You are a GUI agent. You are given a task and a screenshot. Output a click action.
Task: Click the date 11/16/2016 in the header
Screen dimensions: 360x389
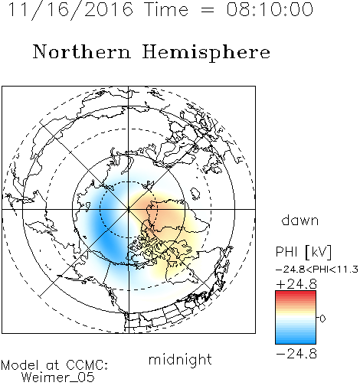(x=70, y=10)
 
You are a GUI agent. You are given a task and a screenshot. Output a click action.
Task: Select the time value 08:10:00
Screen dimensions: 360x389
(x=270, y=9)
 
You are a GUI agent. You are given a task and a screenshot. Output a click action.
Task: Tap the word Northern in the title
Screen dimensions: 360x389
(x=82, y=51)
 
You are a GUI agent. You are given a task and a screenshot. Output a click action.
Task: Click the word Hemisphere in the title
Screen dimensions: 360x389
(x=206, y=53)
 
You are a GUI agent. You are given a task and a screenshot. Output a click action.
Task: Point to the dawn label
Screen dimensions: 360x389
(x=300, y=220)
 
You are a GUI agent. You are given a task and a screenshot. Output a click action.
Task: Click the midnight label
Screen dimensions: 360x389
(x=180, y=359)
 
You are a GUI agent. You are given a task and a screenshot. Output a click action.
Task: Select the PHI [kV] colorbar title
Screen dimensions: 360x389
(x=303, y=252)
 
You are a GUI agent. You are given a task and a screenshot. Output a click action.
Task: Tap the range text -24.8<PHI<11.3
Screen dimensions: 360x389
(x=317, y=270)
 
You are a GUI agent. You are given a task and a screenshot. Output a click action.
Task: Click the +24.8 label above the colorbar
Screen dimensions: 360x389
(x=296, y=284)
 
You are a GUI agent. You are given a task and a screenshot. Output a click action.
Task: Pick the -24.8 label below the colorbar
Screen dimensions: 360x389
(x=296, y=354)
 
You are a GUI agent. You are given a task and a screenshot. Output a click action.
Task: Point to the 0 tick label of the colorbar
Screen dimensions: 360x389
(x=322, y=319)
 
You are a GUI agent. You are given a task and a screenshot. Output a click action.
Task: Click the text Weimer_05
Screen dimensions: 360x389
(x=58, y=377)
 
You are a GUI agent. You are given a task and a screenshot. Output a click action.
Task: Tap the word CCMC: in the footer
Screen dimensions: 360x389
(x=87, y=365)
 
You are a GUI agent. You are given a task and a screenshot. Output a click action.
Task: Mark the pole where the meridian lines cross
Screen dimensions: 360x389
(x=129, y=209)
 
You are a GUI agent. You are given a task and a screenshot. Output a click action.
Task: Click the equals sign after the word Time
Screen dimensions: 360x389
(x=207, y=10)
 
